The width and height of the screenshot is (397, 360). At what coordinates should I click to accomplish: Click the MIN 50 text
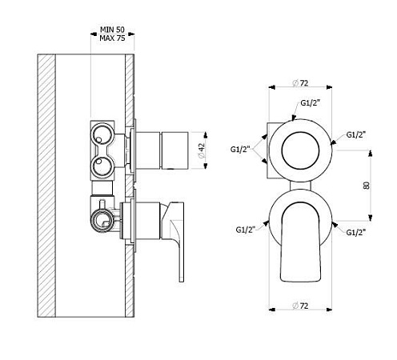tap(112, 30)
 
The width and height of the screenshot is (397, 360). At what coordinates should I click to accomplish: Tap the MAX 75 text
tap(112, 38)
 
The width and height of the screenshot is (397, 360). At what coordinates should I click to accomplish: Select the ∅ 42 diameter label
tap(202, 150)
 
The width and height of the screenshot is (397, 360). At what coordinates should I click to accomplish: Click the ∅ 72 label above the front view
tap(300, 83)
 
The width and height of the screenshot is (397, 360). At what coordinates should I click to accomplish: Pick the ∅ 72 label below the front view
tap(300, 306)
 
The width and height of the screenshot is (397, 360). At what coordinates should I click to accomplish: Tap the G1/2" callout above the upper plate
tap(310, 103)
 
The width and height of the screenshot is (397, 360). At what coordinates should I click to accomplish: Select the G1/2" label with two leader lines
tap(240, 150)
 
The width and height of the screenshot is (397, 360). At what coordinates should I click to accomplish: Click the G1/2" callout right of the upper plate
tap(356, 135)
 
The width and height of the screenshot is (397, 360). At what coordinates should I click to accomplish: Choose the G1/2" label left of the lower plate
tap(246, 230)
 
